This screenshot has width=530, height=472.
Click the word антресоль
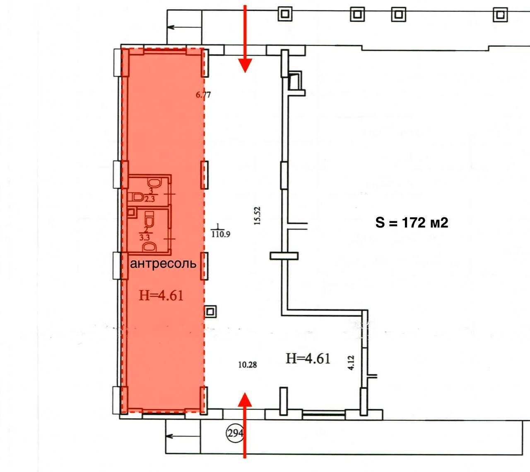click(x=163, y=264)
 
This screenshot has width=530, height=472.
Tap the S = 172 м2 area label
click(x=412, y=223)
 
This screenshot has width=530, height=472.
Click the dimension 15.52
click(x=258, y=216)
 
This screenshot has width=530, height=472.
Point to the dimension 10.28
click(x=248, y=365)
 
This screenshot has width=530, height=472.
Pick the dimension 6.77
click(x=203, y=94)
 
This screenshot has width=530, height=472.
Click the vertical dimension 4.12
click(x=351, y=363)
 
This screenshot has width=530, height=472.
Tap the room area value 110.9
click(x=221, y=234)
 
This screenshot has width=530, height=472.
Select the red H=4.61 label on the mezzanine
click(x=161, y=296)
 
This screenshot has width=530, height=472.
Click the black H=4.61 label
click(x=308, y=358)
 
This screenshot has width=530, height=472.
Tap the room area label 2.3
click(x=150, y=199)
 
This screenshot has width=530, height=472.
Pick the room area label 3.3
click(x=145, y=237)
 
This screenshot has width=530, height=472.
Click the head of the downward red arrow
click(x=245, y=65)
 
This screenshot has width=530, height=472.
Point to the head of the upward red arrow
click(x=245, y=400)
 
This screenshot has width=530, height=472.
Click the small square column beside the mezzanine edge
click(x=211, y=312)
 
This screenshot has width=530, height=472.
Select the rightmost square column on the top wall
click(x=500, y=14)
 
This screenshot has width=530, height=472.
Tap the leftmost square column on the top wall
click(x=285, y=14)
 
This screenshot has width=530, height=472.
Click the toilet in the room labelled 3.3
click(x=149, y=219)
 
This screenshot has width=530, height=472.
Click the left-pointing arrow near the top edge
click(x=184, y=27)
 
